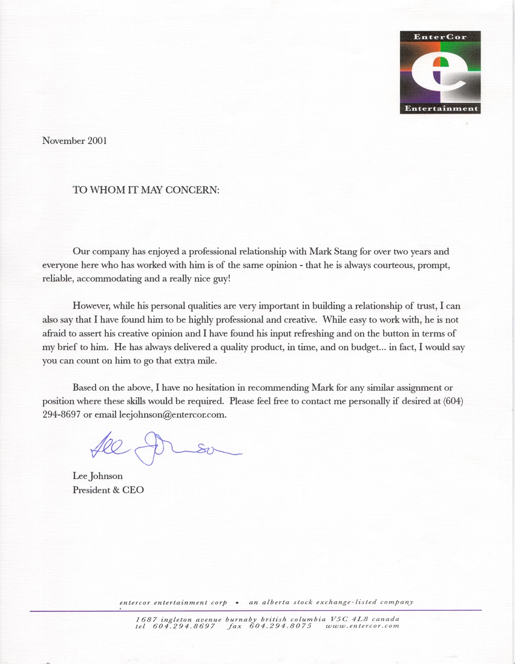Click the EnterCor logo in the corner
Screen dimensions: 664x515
pyautogui.click(x=440, y=72)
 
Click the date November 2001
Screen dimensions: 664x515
pyautogui.click(x=74, y=141)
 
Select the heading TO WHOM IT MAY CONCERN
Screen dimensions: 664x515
pyautogui.click(x=146, y=189)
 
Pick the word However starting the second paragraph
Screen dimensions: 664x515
pyautogui.click(x=92, y=306)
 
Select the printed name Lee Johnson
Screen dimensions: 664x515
pyautogui.click(x=97, y=476)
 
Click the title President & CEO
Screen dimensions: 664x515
pyautogui.click(x=108, y=490)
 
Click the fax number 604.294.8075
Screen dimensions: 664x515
pyautogui.click(x=280, y=627)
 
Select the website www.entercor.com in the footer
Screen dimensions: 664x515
pyautogui.click(x=362, y=627)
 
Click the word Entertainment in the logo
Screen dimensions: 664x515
pyautogui.click(x=441, y=109)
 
